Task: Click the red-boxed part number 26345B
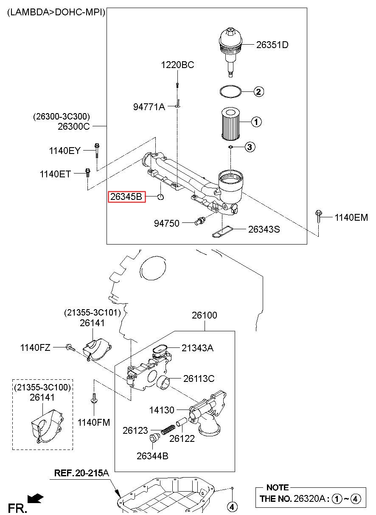click(x=126, y=197)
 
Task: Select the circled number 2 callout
click(x=258, y=92)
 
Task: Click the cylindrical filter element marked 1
click(x=230, y=124)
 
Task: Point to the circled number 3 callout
click(x=250, y=147)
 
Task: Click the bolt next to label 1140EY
click(x=97, y=151)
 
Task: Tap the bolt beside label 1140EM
click(x=318, y=216)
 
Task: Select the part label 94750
click(x=166, y=223)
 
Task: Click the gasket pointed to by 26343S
click(x=222, y=232)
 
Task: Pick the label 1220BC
click(x=177, y=65)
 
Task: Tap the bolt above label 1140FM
click(x=94, y=398)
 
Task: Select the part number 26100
click(x=205, y=316)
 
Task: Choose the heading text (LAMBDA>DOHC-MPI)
click(x=56, y=12)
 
